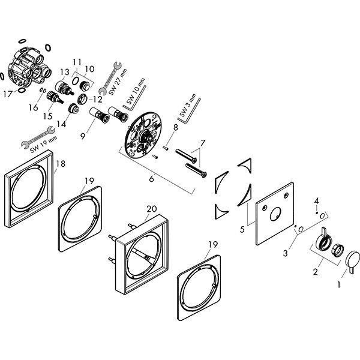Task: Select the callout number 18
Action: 60,163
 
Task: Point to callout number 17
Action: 8,94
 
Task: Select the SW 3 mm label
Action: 187,105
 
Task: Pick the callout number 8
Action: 175,127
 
